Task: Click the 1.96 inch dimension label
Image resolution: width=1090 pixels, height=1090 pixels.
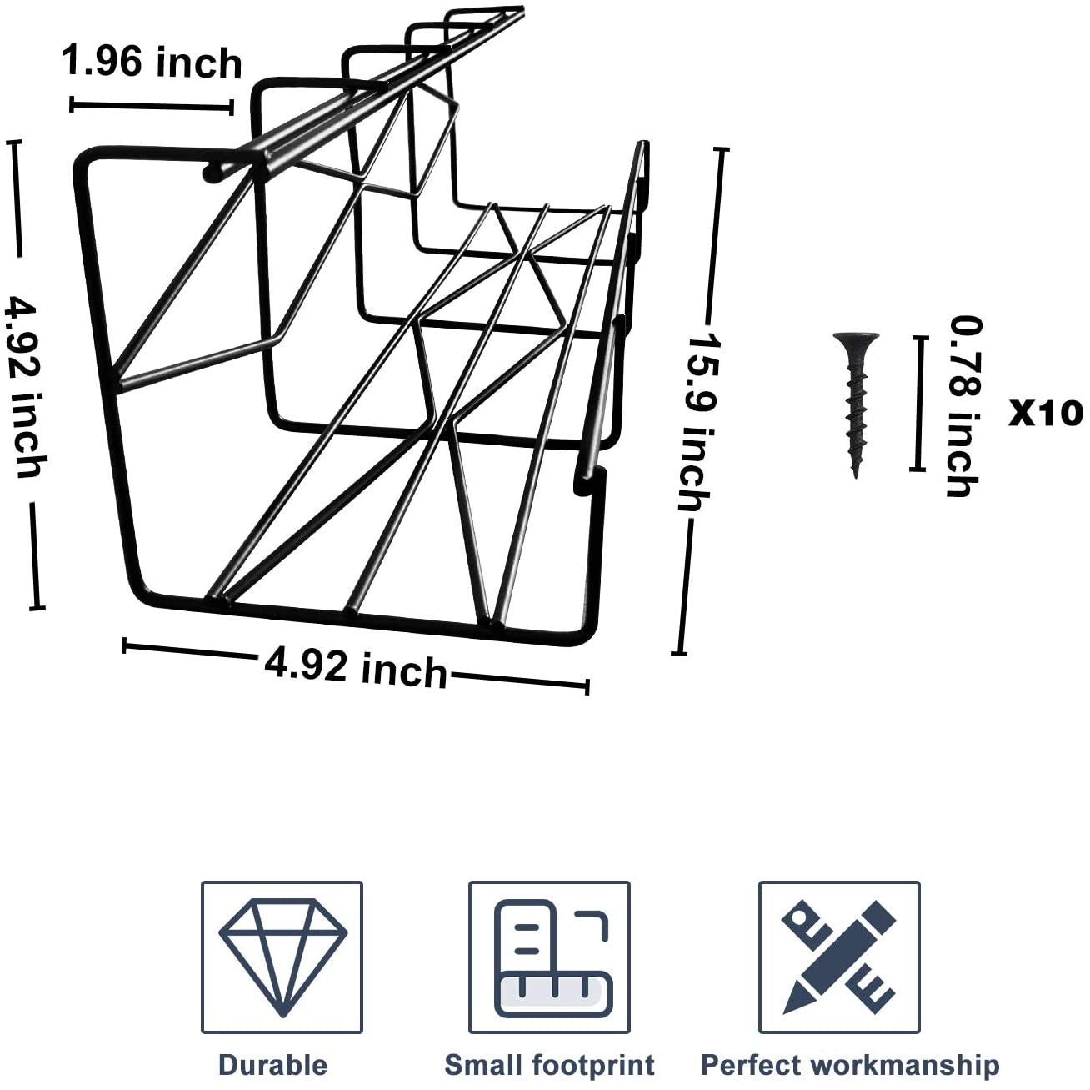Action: click(152, 63)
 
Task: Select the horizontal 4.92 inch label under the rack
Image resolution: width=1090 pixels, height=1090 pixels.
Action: click(356, 668)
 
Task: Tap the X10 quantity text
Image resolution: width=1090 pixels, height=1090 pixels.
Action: click(1045, 414)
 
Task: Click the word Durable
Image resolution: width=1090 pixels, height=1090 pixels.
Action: click(272, 1065)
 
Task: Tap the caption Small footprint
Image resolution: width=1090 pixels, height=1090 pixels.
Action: click(549, 1065)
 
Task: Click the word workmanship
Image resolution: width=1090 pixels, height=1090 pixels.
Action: click(904, 1065)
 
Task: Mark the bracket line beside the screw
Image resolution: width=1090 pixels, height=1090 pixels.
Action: click(918, 404)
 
